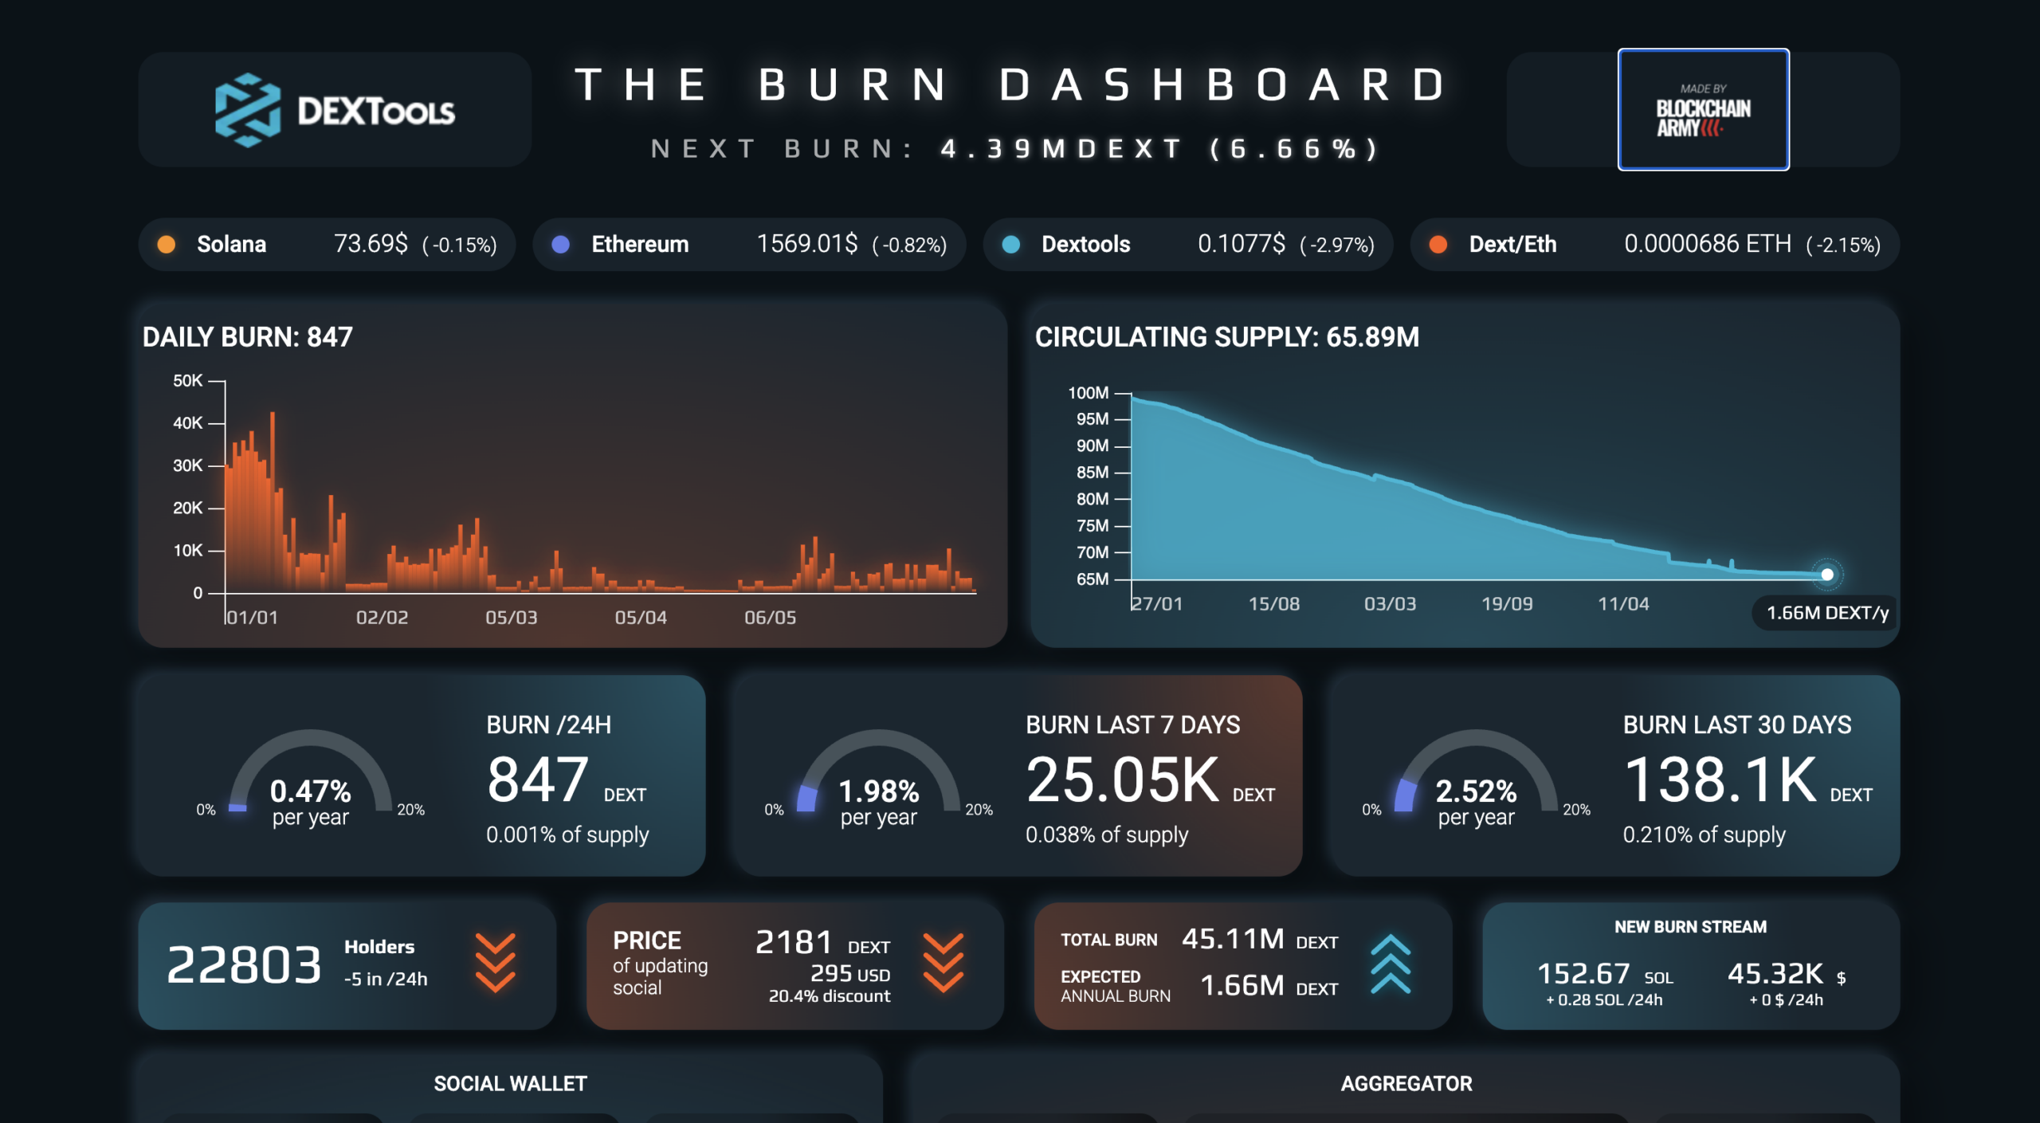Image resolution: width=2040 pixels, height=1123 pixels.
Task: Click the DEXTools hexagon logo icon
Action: (x=248, y=110)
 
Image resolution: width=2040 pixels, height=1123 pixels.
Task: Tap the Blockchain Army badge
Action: (x=1703, y=109)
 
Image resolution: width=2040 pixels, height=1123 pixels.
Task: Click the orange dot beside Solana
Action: (x=167, y=244)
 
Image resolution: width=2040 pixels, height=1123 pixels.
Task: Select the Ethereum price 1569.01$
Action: (x=806, y=243)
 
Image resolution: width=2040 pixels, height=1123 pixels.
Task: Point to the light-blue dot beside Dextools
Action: (x=1010, y=244)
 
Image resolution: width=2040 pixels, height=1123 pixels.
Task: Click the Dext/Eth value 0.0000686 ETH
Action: (x=1708, y=243)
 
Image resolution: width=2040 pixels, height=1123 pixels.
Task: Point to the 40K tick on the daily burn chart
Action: (x=188, y=423)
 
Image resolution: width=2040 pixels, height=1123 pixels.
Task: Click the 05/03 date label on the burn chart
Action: (x=512, y=617)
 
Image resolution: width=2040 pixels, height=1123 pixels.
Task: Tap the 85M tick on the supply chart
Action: (x=1093, y=472)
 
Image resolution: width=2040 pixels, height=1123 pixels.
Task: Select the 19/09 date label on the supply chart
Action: (x=1507, y=603)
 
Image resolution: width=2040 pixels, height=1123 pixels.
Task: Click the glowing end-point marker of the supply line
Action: (x=1827, y=574)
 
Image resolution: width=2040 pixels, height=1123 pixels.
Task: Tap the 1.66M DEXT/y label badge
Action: (x=1827, y=612)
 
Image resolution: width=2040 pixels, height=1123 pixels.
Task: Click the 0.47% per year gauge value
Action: (x=310, y=791)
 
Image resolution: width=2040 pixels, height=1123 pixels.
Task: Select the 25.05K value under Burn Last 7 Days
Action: (x=1123, y=779)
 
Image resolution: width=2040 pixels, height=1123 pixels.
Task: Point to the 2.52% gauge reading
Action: (x=1476, y=791)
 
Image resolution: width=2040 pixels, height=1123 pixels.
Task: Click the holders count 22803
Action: (x=244, y=964)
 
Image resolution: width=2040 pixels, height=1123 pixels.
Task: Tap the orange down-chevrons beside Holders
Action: (x=496, y=963)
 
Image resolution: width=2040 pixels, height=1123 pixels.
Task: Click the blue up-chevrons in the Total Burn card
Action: (x=1391, y=964)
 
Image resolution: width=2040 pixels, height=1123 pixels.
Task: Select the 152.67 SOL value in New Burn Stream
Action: (x=1604, y=974)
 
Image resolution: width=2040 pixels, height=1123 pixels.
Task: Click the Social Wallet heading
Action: (x=510, y=1083)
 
